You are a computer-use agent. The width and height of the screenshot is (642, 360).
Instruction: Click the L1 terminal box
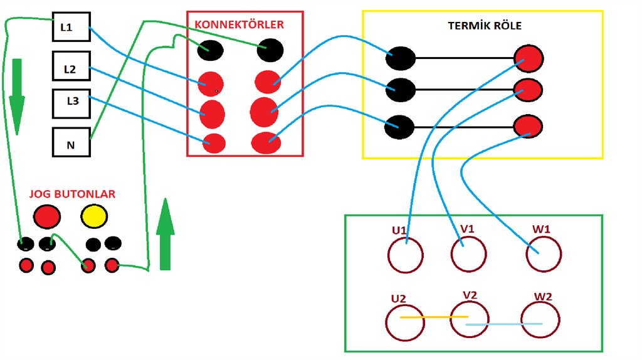point(71,26)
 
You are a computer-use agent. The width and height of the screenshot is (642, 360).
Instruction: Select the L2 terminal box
point(71,66)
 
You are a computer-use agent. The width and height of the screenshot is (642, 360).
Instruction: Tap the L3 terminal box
point(71,104)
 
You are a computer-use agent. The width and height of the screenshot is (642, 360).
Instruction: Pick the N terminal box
point(71,142)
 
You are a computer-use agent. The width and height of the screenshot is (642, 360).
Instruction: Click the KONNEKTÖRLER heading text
point(239,24)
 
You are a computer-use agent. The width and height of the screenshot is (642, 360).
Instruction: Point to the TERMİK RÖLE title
point(485,26)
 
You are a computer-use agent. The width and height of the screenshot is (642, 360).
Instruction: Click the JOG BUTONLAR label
point(72,194)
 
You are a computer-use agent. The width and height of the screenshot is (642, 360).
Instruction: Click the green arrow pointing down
point(17,97)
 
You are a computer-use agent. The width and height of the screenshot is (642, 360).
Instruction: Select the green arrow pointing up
point(166,235)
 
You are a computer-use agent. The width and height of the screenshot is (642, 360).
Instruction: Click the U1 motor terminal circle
point(389,255)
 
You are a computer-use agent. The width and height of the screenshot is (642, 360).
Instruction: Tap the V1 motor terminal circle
point(451,254)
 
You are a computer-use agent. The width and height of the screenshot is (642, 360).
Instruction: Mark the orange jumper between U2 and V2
point(434,317)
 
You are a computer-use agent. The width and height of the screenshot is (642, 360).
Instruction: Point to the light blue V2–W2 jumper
point(504,324)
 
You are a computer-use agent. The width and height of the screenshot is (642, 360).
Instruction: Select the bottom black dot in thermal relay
point(399,127)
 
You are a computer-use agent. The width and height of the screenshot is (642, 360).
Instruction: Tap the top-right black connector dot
point(270,50)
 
